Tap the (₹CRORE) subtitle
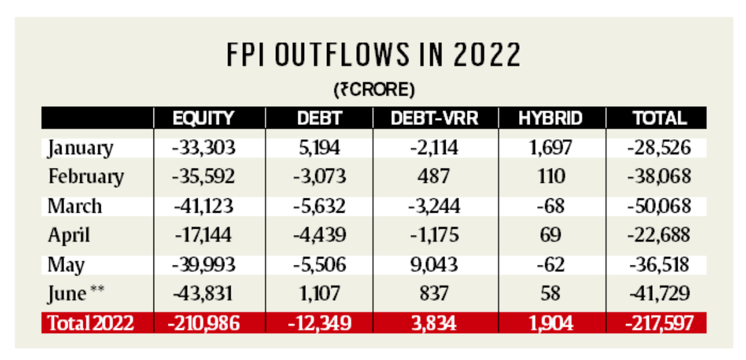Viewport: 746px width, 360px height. [374, 90]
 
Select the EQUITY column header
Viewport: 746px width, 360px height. [203, 118]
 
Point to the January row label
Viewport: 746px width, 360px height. [81, 149]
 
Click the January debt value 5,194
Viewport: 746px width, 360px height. [318, 148]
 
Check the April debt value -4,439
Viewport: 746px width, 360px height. [318, 236]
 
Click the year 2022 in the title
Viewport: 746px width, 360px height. [487, 56]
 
